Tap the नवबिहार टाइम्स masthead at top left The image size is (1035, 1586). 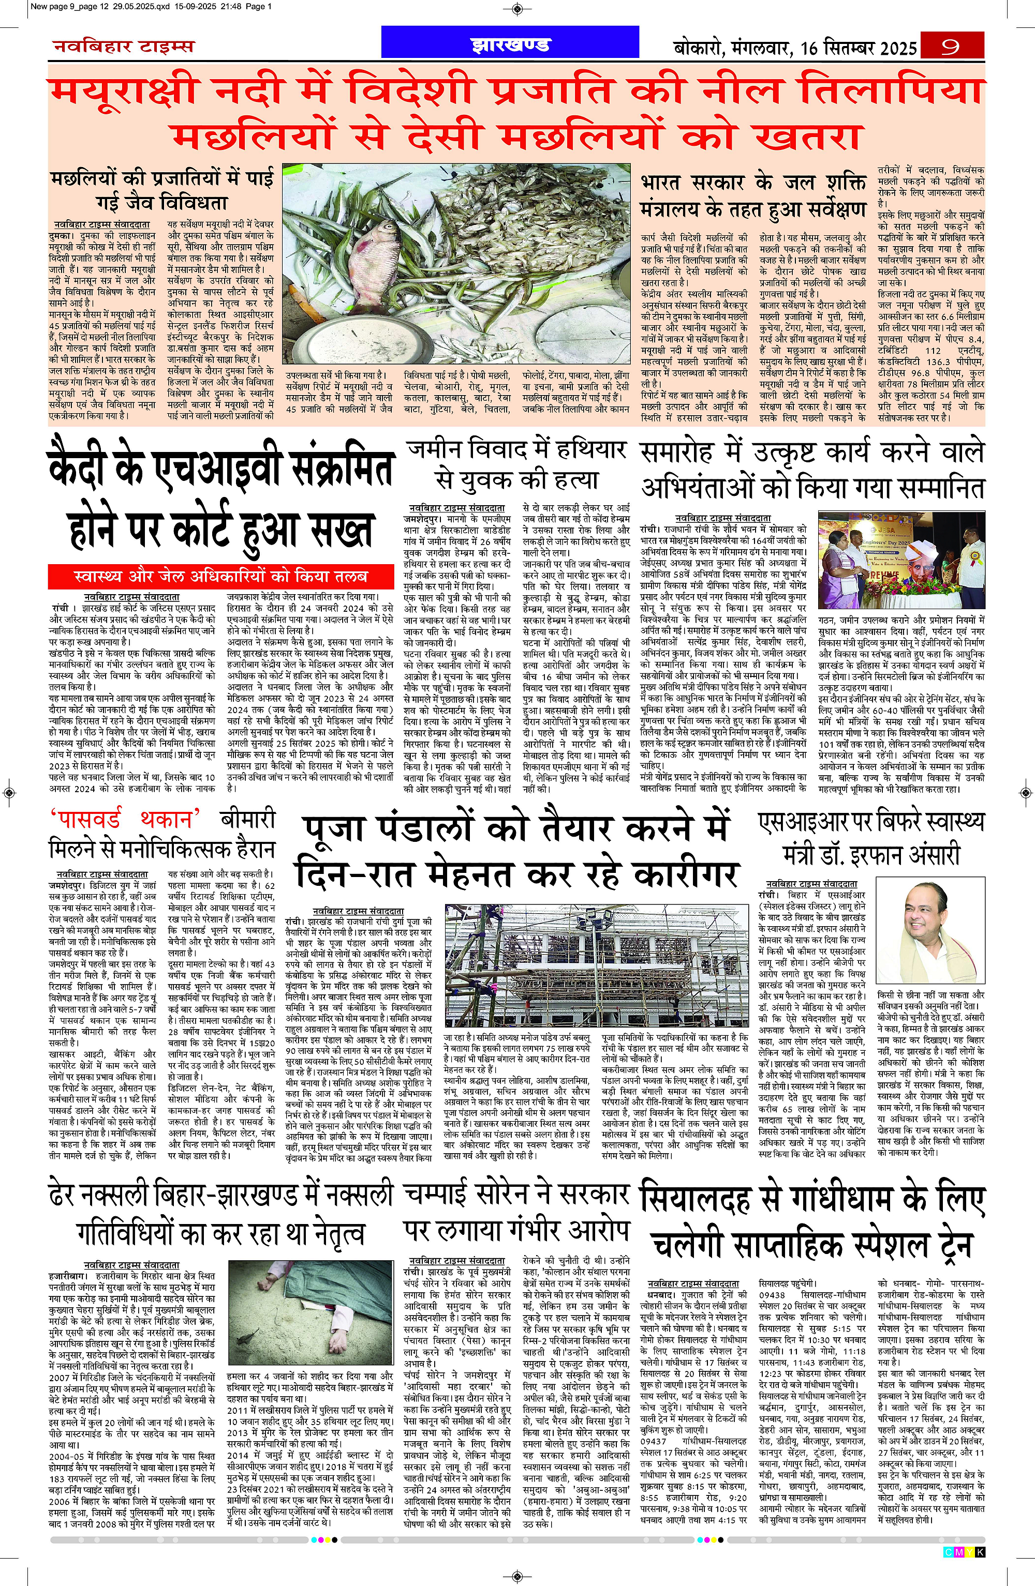pyautogui.click(x=123, y=46)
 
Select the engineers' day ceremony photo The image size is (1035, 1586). pyautogui.click(x=901, y=558)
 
